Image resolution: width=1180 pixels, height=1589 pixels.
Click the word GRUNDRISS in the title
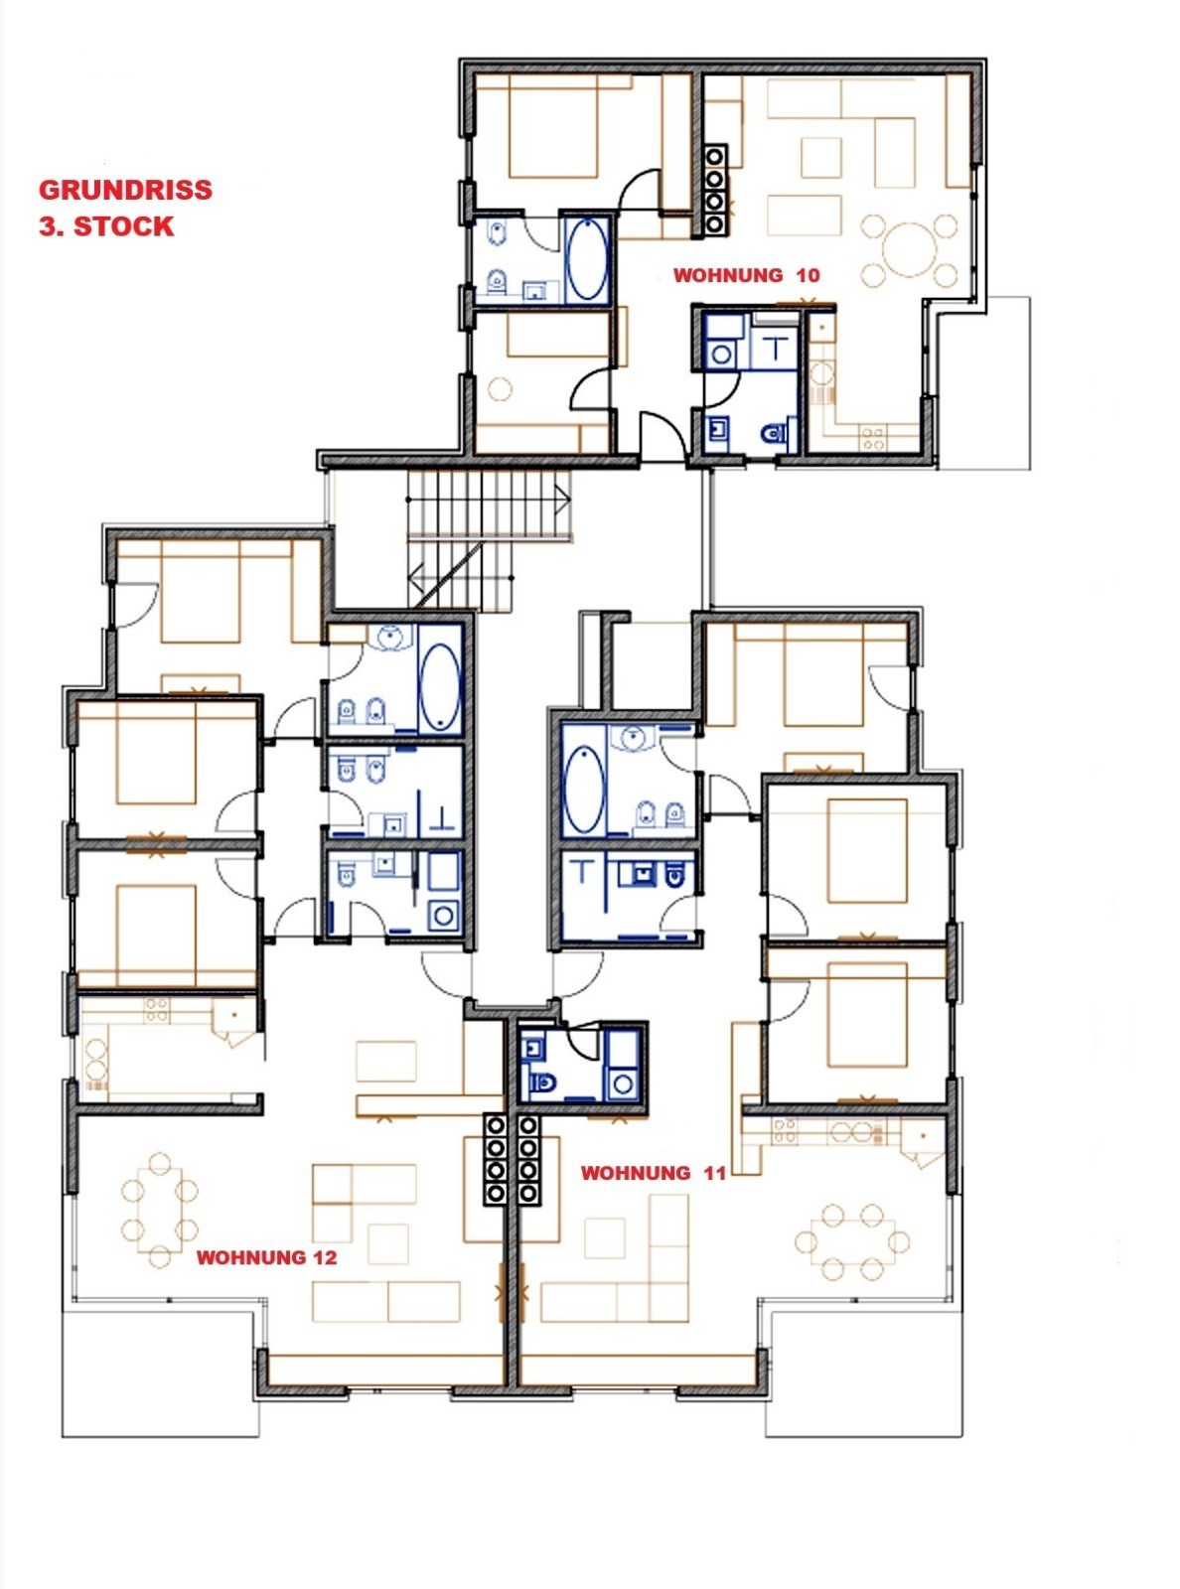125,190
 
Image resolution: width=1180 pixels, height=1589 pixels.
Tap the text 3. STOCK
106,226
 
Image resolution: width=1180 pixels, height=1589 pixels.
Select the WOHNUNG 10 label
747,276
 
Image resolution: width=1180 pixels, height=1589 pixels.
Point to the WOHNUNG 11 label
654,1173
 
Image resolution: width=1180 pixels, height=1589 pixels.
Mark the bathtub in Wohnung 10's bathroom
587,259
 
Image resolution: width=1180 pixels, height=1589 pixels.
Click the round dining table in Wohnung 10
910,250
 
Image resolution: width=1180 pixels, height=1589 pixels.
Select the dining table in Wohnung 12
160,1210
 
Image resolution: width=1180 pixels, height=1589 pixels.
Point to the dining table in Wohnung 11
852,1243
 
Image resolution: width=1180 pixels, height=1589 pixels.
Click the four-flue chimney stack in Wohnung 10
714,190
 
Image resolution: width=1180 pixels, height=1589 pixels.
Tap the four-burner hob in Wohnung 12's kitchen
157,1010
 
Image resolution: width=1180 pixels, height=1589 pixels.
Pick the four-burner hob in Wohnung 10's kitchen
873,438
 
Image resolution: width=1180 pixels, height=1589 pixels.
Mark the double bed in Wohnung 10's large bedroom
552,126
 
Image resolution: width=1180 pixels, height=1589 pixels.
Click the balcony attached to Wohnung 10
984,383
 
